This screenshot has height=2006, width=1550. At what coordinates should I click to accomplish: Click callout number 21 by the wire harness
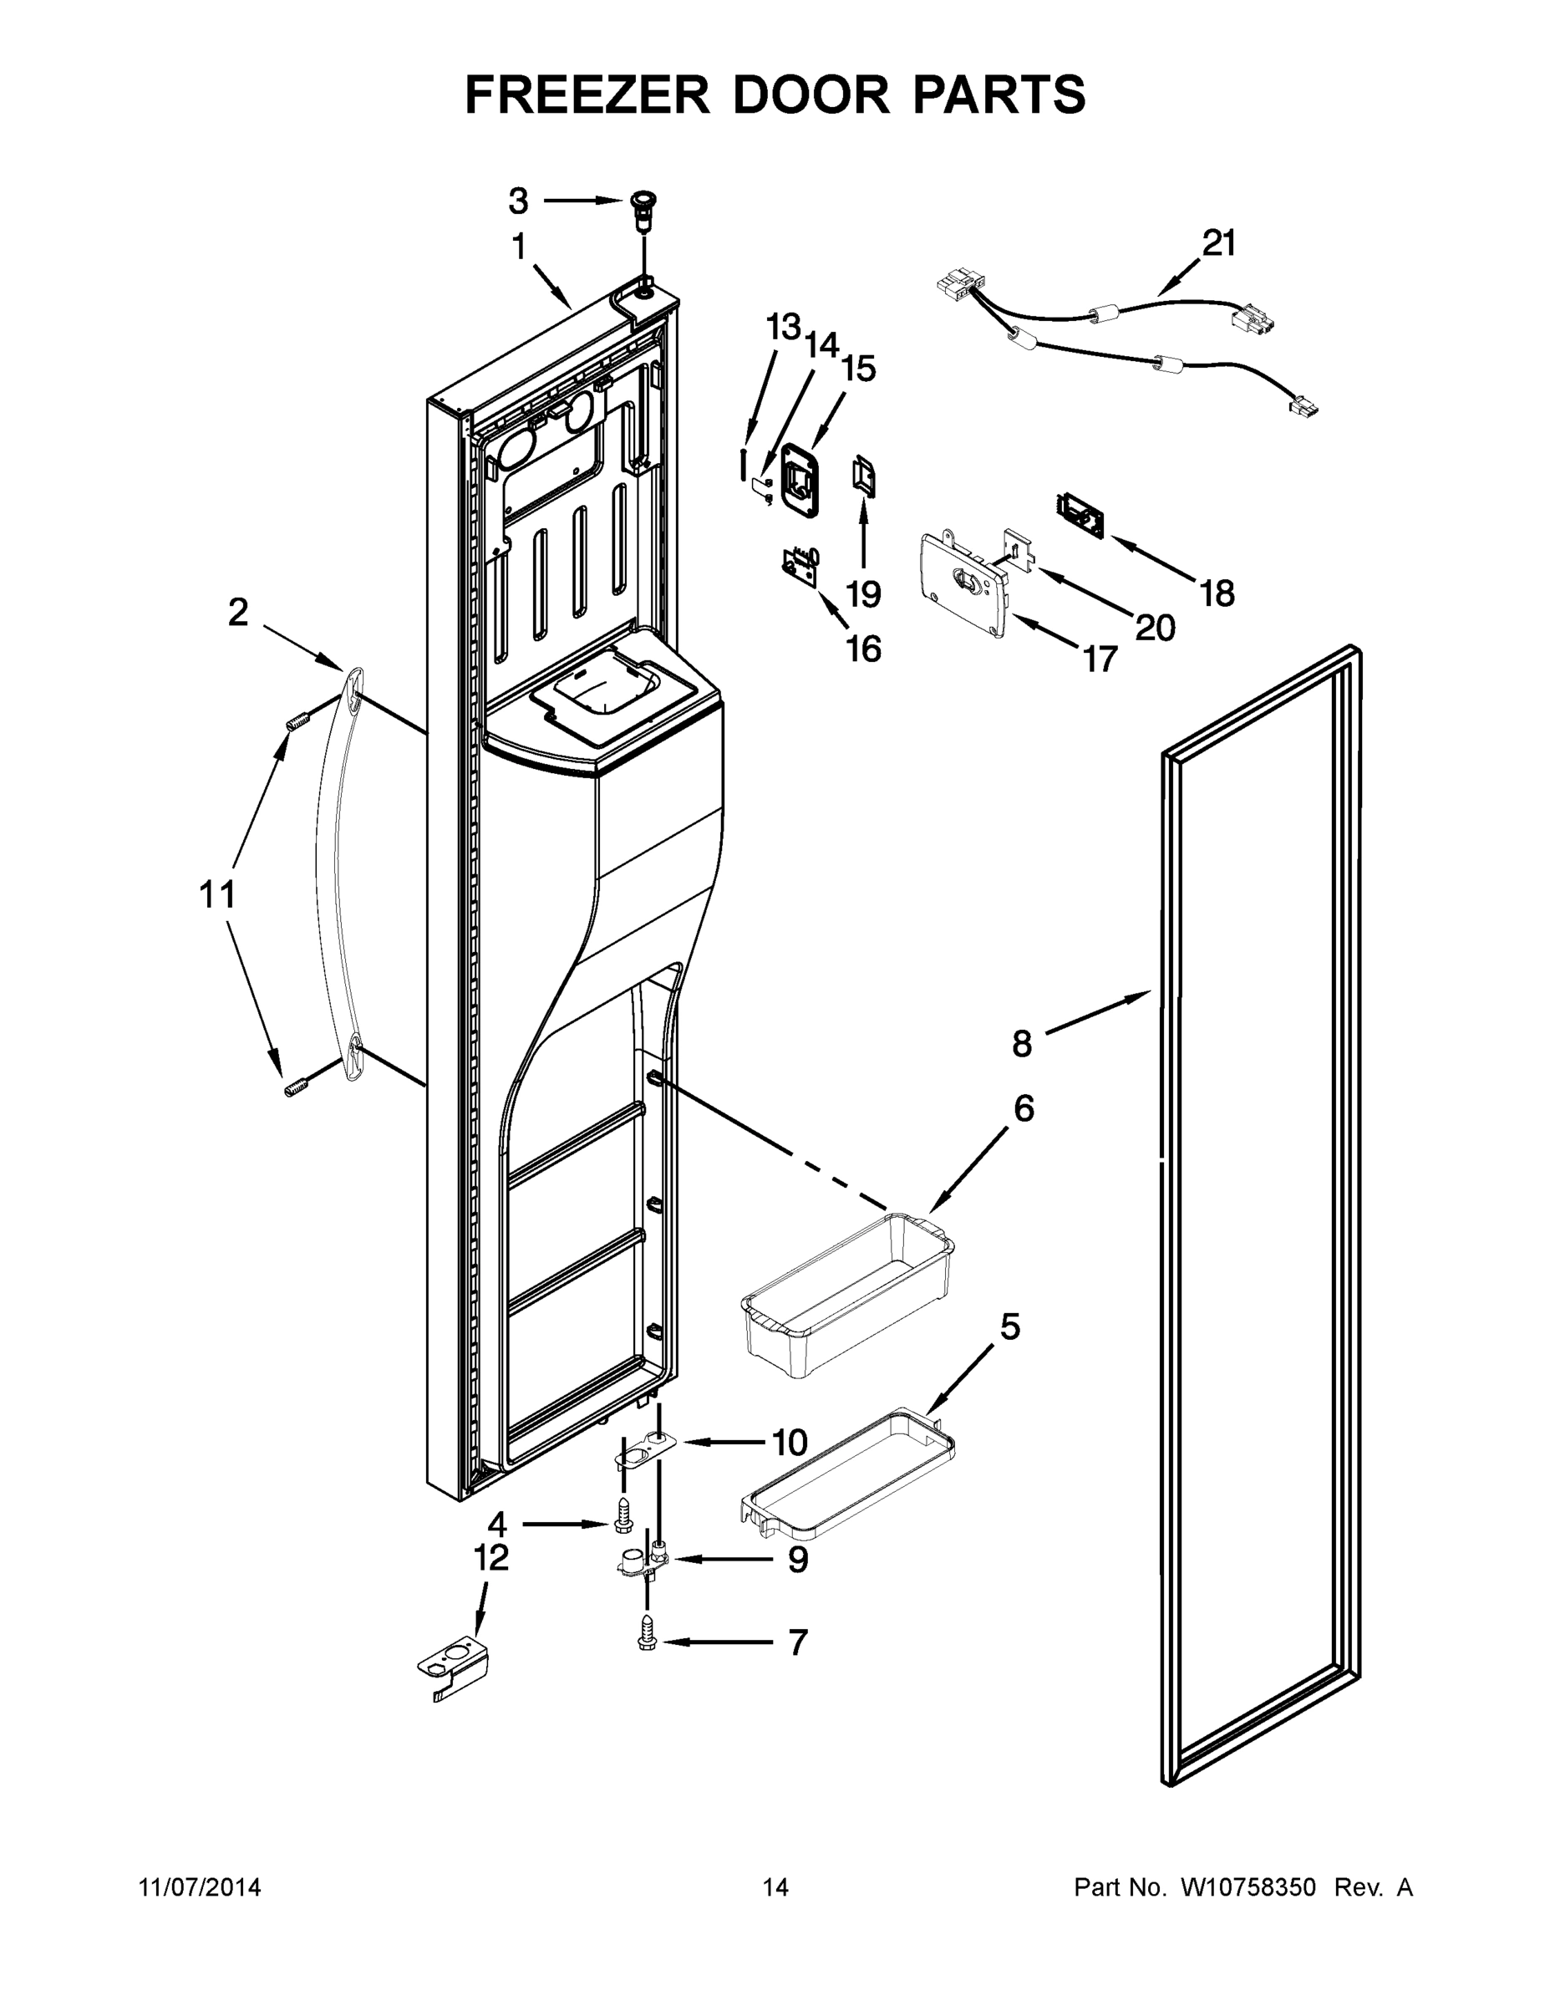point(1218,243)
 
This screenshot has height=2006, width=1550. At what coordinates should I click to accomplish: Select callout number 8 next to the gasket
point(1022,1043)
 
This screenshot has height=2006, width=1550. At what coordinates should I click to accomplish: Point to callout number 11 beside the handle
point(217,893)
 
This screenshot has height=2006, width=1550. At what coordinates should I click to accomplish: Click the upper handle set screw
point(296,723)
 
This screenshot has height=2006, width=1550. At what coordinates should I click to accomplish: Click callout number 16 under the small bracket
point(863,649)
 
